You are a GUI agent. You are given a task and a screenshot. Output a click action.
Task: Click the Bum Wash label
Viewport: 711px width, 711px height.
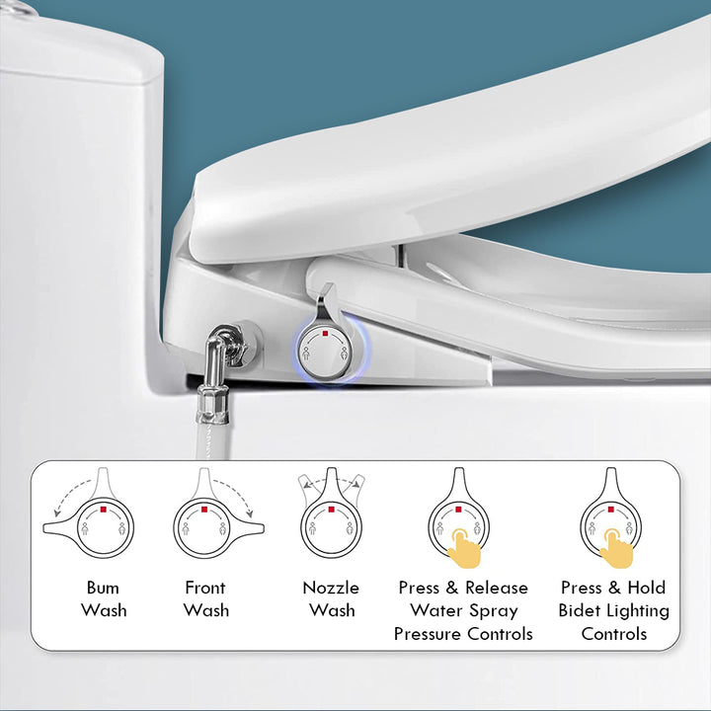(x=104, y=598)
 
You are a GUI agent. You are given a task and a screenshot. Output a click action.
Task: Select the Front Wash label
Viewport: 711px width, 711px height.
(x=205, y=598)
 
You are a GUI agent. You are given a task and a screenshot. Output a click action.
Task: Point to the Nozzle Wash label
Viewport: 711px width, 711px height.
(x=331, y=598)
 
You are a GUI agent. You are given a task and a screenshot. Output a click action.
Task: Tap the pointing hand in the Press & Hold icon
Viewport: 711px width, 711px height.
(x=614, y=546)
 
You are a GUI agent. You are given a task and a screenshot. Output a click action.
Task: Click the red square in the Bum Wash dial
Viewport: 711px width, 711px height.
(x=103, y=510)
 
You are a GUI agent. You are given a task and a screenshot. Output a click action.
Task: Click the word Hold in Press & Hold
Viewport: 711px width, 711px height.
(x=646, y=588)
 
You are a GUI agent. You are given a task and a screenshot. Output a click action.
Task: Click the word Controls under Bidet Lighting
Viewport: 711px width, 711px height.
(x=614, y=634)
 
